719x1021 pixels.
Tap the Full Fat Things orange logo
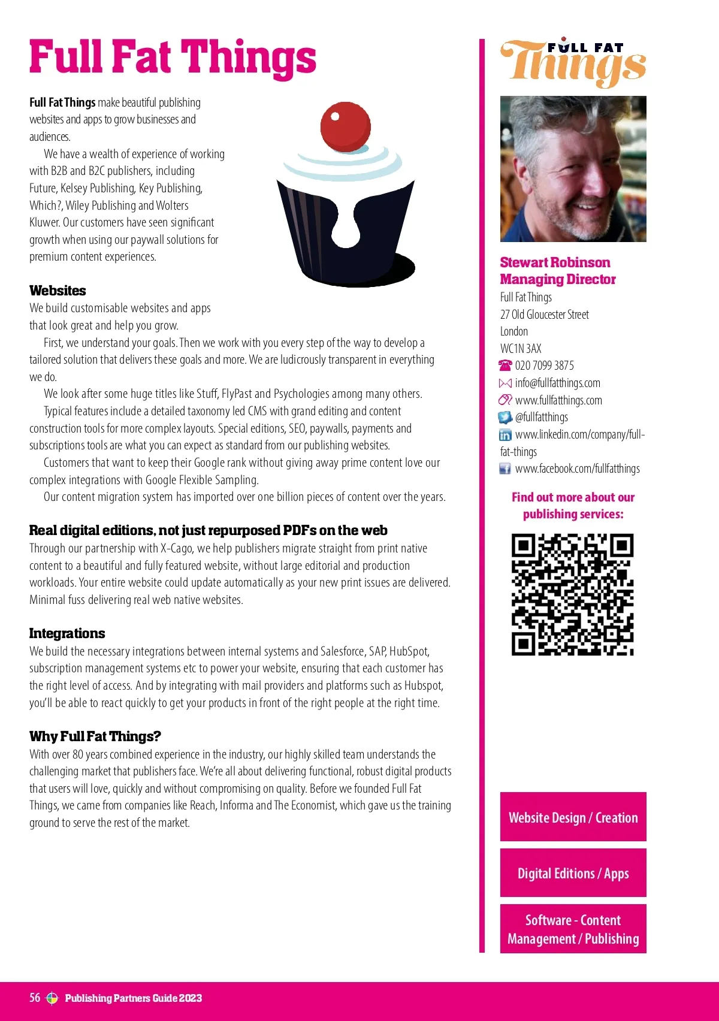(x=573, y=62)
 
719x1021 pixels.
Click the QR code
(x=572, y=594)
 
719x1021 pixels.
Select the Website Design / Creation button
(x=573, y=817)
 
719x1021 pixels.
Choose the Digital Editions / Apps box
(x=573, y=873)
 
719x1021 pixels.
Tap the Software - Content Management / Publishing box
(x=573, y=929)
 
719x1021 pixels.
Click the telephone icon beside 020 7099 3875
(x=506, y=365)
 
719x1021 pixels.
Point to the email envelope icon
(x=506, y=383)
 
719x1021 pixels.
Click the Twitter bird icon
(x=506, y=418)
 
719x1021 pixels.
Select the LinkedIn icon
(x=506, y=435)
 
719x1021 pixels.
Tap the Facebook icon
(x=506, y=469)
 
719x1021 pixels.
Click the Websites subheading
(x=58, y=291)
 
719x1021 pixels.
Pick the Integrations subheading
(x=67, y=633)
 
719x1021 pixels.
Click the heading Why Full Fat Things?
(x=95, y=736)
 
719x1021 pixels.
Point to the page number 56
(x=35, y=998)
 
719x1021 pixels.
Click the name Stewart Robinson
(x=555, y=262)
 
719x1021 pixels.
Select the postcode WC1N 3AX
(x=521, y=349)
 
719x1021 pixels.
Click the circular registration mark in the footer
(x=52, y=998)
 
